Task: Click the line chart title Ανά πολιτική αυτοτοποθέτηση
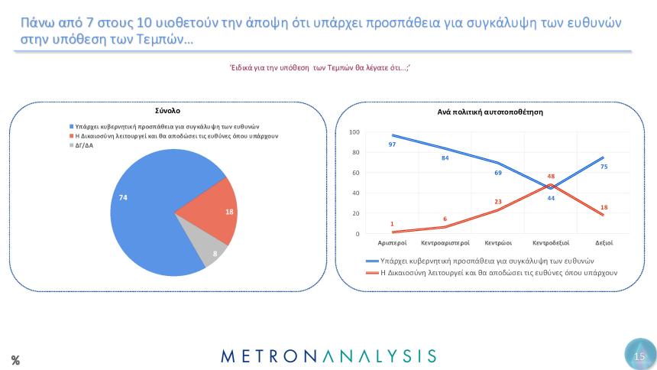[x=490, y=112]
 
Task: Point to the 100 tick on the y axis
[x=354, y=132]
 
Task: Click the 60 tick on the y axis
[x=355, y=173]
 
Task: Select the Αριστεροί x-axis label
[x=393, y=243]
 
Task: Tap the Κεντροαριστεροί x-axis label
[x=445, y=243]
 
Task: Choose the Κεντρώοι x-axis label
[x=497, y=243]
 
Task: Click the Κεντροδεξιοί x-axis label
[x=551, y=243]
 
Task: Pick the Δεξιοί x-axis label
[x=604, y=243]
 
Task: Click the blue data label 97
[x=392, y=144]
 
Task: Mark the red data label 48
[x=551, y=177]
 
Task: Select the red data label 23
[x=497, y=201]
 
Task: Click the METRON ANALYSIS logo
[x=328, y=356]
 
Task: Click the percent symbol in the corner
[x=15, y=359]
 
